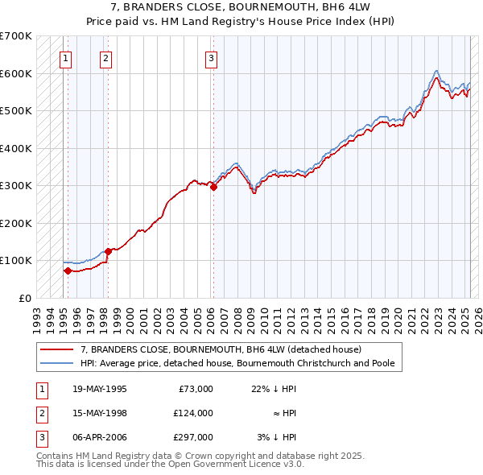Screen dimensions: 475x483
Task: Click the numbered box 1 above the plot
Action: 64,57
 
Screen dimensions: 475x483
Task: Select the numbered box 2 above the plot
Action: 105,57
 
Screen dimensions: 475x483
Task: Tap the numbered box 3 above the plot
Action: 210,57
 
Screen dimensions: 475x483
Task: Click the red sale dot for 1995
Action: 68,271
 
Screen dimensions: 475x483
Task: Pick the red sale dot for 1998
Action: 108,251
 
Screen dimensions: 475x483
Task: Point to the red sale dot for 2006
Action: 213,187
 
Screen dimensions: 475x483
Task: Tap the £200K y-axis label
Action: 16,223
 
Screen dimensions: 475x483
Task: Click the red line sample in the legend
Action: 56,350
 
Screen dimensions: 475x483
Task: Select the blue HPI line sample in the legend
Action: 56,363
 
